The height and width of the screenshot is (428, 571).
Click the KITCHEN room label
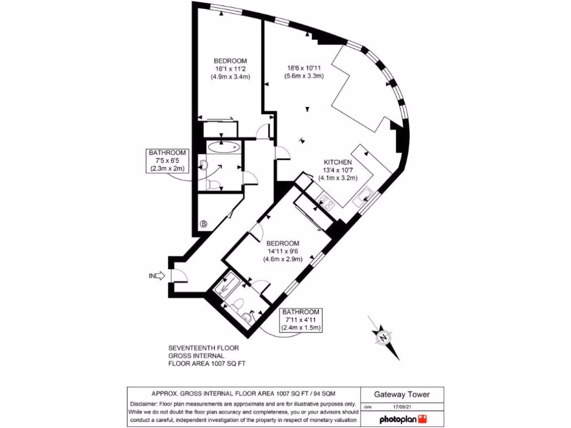(337, 162)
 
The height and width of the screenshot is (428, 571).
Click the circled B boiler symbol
(204, 224)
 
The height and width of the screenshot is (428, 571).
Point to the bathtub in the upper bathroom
(223, 148)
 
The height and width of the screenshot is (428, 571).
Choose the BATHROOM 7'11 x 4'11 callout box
(300, 319)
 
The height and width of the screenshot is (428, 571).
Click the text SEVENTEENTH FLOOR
(204, 348)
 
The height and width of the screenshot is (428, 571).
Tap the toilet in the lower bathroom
(238, 304)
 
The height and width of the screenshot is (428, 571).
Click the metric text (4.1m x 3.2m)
(337, 178)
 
